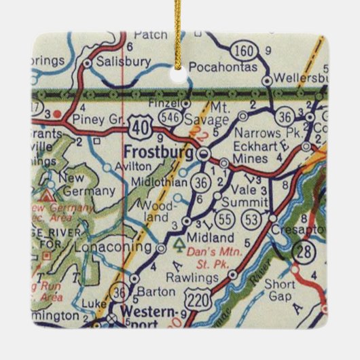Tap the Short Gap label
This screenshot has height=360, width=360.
click(278, 291)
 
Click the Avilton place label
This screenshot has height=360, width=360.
click(137, 165)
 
